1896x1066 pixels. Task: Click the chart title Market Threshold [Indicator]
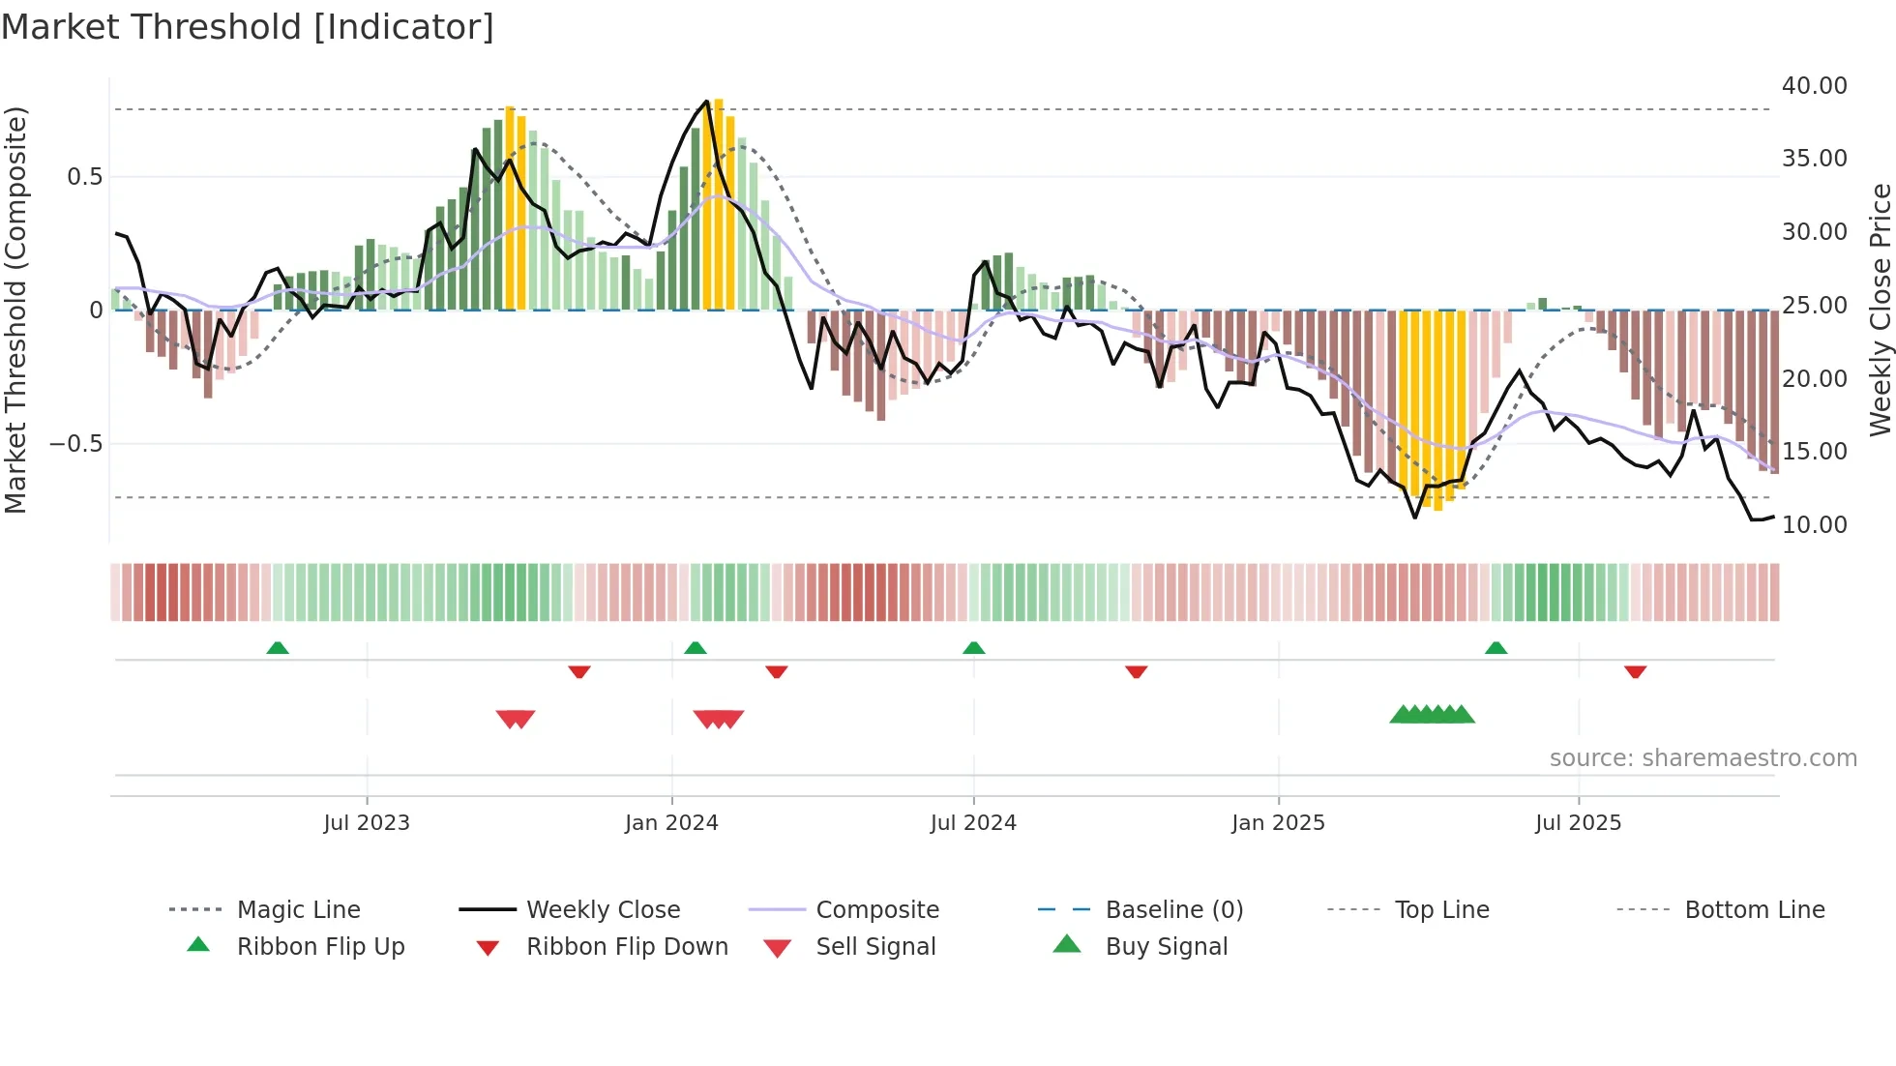pos(248,27)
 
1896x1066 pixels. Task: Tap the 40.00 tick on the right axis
pos(1814,86)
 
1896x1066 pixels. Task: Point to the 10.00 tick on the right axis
pos(1814,525)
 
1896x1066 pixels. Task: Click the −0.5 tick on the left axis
pos(75,444)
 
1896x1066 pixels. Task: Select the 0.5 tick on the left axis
pos(84,177)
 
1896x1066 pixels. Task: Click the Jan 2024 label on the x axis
pos(671,823)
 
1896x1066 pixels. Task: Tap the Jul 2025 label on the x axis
pos(1578,823)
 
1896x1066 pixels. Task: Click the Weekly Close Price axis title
pos(1880,310)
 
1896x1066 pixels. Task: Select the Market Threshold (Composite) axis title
pos(15,310)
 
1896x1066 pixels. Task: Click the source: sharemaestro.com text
pos(1703,758)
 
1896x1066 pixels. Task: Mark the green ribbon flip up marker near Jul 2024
pos(974,648)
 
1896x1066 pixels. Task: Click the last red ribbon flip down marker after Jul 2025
pos(1636,671)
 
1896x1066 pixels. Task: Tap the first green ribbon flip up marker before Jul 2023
pos(278,648)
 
